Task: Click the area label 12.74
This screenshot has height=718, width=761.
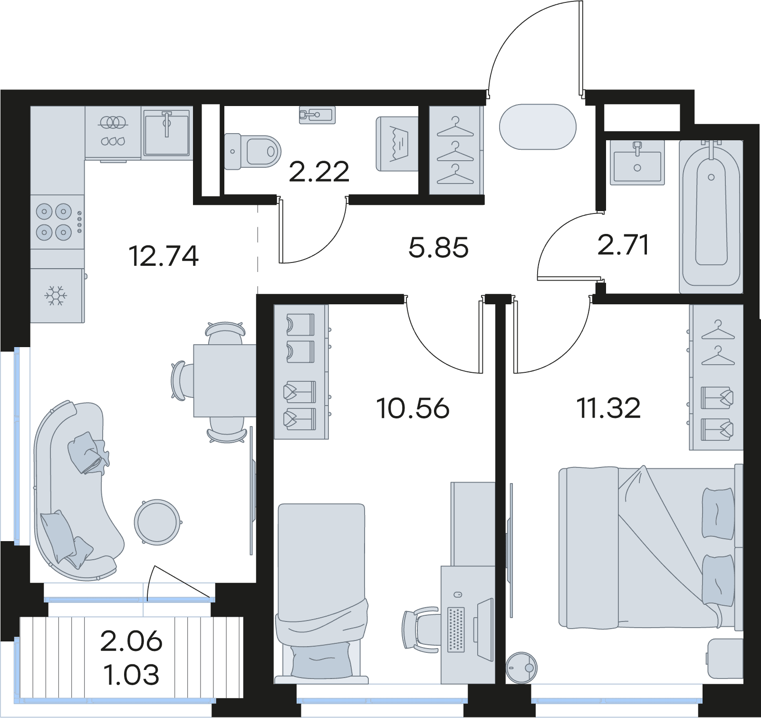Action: click(x=164, y=257)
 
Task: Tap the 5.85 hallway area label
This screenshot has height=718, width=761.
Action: click(x=438, y=248)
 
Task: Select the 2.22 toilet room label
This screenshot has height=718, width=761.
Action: click(x=319, y=172)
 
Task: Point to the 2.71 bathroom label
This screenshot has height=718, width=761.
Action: click(x=624, y=245)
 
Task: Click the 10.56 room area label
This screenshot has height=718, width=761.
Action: click(x=413, y=408)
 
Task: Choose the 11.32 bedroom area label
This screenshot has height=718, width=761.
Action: click(x=609, y=408)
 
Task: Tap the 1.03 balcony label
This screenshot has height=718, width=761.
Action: click(x=131, y=675)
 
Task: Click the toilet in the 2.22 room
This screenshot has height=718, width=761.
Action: click(x=250, y=152)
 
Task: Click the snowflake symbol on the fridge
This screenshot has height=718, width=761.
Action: click(x=56, y=296)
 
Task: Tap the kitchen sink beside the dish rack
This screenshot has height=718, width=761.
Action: click(x=166, y=132)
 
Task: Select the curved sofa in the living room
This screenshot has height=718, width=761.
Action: click(x=76, y=490)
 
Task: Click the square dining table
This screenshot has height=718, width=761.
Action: click(x=225, y=380)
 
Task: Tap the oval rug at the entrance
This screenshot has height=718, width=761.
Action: click(x=538, y=126)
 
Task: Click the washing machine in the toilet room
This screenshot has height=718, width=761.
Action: click(x=397, y=143)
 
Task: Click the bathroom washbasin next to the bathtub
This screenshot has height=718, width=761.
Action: click(x=637, y=162)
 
